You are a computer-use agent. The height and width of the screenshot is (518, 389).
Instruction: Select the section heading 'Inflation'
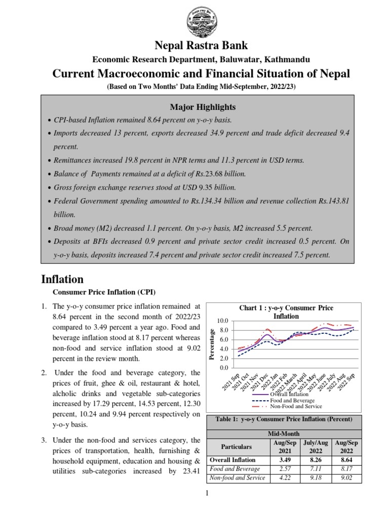pyautogui.click(x=62, y=279)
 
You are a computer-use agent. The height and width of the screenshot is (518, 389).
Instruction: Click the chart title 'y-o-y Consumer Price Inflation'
pyautogui.click(x=286, y=312)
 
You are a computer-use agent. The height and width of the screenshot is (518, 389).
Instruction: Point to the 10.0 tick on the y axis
pyautogui.click(x=222, y=321)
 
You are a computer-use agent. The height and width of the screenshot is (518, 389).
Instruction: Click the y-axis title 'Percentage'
pyautogui.click(x=213, y=344)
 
